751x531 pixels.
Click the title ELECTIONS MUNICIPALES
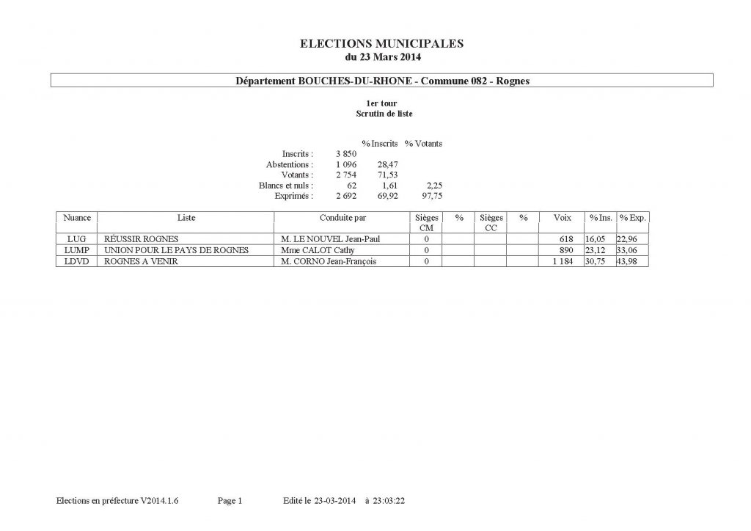382,44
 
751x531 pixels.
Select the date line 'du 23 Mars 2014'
382,56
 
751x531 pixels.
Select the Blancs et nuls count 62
351,186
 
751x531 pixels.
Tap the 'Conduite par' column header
342,218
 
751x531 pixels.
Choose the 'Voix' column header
563,218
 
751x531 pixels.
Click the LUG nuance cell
76,239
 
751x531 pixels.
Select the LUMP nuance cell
77,250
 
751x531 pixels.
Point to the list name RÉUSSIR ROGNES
142,239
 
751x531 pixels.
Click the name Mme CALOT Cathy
313,250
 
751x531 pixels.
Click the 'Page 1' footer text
230,501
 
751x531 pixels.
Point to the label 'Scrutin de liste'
383,114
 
